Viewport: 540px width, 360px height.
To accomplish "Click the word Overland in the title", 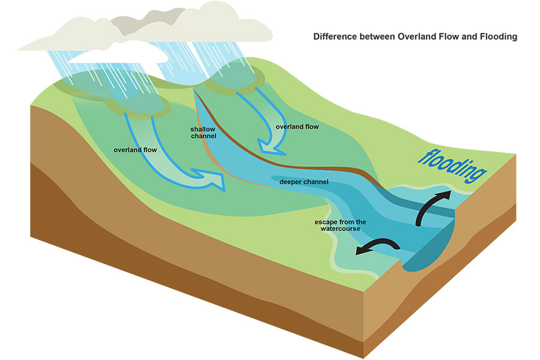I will coord(415,37).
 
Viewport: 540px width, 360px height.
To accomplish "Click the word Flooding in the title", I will coord(496,37).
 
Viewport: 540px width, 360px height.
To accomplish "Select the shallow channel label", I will coord(203,133).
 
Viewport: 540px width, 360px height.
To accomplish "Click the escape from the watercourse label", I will coord(340,226).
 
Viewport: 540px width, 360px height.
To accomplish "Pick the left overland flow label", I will coord(135,149).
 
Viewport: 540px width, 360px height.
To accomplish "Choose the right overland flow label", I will coord(297,127).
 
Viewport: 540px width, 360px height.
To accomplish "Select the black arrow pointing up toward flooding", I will coord(433,204).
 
